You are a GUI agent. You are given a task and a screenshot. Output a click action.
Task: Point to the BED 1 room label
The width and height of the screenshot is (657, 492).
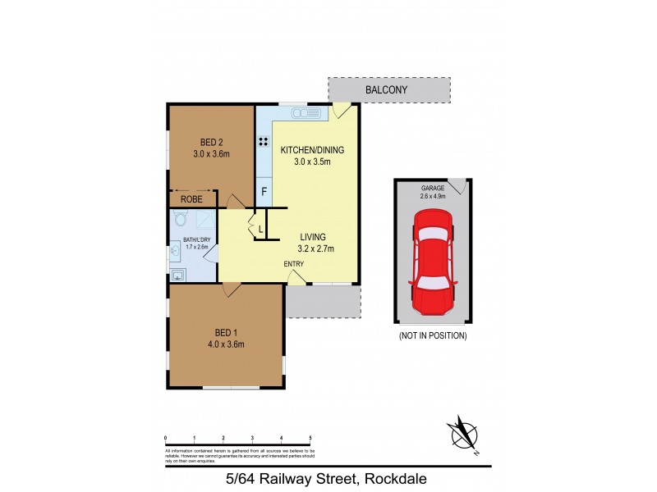(227, 332)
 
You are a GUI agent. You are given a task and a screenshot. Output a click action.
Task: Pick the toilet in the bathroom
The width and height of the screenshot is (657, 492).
(181, 219)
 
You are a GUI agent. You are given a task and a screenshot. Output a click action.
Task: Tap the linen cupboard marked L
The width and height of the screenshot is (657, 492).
(260, 229)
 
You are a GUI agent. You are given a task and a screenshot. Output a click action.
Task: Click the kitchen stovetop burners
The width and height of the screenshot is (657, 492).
(264, 141)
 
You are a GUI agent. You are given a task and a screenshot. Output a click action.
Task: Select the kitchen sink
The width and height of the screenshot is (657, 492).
(306, 113)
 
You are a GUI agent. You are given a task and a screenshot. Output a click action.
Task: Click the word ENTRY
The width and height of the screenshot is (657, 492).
(294, 263)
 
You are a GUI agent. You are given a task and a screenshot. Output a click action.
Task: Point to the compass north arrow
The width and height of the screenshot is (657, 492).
(463, 433)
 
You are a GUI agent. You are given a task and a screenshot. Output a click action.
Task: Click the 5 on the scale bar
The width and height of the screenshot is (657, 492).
(310, 437)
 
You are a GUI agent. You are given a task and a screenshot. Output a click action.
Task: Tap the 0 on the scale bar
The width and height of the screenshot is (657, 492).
(166, 437)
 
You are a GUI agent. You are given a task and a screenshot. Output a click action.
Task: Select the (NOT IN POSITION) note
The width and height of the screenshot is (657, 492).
(432, 336)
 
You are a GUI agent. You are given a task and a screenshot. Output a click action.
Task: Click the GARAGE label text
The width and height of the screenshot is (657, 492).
(433, 188)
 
